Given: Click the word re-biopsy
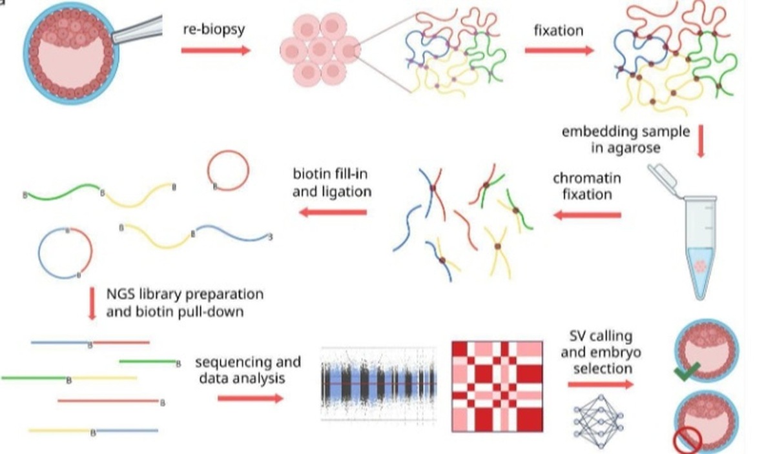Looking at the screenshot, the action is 214,30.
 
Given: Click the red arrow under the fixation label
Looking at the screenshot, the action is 559,50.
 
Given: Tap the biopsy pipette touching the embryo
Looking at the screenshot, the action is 138,30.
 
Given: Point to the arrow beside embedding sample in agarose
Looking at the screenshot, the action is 701,142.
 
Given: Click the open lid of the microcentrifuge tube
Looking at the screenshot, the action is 663,179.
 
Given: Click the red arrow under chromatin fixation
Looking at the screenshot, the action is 587,215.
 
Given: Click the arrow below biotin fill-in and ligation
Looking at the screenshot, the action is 333,212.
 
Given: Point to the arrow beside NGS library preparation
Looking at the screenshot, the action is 92,303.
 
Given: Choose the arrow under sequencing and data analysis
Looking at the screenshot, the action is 251,399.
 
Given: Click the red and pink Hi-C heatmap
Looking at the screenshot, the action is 497,387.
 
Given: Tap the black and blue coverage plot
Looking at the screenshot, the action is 379,384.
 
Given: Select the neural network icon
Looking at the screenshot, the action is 598,422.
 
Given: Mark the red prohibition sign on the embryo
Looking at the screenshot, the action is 687,440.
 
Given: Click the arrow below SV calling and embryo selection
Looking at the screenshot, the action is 601,384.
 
